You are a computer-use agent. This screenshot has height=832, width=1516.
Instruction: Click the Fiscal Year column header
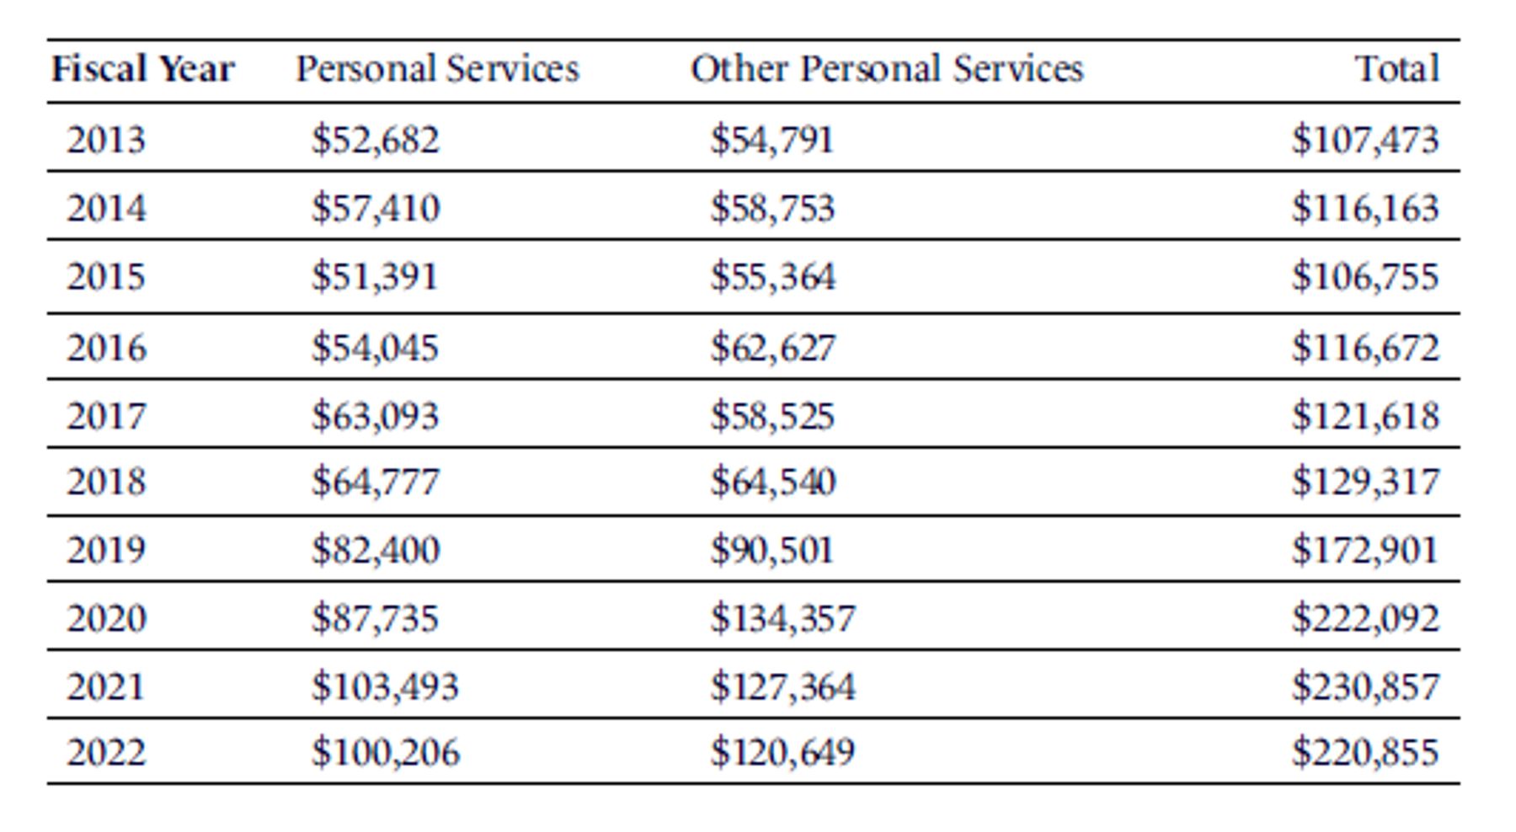(143, 69)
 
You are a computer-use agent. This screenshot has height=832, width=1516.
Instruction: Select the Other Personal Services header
(887, 69)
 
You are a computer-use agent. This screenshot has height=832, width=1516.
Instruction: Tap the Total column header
(1397, 69)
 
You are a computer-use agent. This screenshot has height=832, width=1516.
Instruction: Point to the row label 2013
(106, 140)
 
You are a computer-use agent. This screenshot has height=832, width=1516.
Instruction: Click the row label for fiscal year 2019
(106, 550)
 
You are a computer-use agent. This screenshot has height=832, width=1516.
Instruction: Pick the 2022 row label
(106, 752)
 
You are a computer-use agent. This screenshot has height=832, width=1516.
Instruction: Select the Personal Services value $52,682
(376, 140)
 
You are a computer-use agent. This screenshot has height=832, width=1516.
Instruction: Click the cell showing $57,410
(376, 208)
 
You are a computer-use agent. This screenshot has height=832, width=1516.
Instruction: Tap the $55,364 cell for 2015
(773, 277)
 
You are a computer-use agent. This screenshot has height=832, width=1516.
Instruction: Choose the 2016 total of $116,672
(1366, 348)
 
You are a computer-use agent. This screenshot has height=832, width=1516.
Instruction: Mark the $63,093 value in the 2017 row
(376, 416)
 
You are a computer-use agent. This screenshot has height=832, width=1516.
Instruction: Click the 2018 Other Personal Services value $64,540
(773, 482)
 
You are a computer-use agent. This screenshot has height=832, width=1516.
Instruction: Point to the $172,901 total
(1366, 550)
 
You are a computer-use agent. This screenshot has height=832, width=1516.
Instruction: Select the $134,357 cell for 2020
(782, 619)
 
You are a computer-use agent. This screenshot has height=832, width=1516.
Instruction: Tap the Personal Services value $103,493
(386, 686)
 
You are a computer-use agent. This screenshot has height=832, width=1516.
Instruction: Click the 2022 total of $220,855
(1366, 752)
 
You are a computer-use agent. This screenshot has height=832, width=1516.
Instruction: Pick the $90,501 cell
(772, 550)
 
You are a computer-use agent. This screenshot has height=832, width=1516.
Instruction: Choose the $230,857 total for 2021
(1366, 686)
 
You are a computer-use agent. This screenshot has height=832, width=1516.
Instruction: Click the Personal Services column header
(438, 69)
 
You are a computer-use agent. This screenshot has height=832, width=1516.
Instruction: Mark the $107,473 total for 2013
(1366, 140)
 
